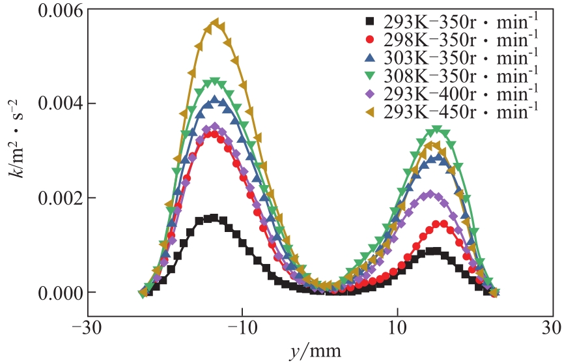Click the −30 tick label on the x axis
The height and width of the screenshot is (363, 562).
point(83,325)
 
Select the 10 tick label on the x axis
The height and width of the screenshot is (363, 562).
point(397,325)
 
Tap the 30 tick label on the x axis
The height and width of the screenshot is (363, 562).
point(552,325)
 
